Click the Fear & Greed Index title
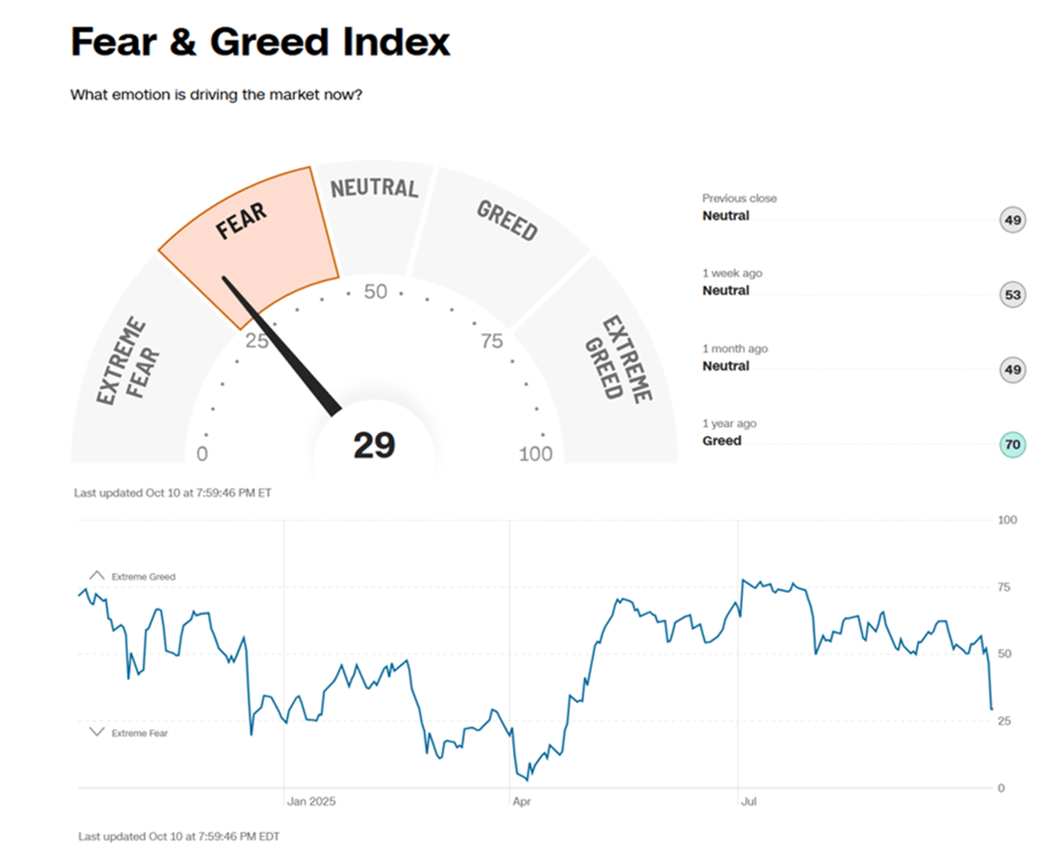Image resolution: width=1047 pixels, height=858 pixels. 259,42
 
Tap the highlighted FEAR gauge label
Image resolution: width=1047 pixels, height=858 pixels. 241,221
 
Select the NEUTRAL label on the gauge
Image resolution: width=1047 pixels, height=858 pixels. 374,188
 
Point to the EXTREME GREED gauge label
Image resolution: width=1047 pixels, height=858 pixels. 618,359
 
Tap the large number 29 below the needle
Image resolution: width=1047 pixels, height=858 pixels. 374,446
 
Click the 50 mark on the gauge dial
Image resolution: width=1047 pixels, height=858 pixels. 376,291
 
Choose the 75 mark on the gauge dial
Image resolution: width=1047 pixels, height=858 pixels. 491,341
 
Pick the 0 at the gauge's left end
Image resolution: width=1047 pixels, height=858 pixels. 202,454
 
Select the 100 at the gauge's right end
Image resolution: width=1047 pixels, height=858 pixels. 535,454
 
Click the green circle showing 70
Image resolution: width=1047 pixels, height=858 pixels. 1012,445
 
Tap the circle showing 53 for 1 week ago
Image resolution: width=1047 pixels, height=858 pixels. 1012,295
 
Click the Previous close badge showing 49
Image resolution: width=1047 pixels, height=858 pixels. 1012,220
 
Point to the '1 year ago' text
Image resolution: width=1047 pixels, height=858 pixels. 729,424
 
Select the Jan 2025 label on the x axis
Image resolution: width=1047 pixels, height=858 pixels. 311,801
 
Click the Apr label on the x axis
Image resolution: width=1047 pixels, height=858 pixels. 522,801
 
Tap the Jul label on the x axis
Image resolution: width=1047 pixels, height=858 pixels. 749,801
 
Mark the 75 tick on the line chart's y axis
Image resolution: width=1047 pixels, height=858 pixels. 1004,587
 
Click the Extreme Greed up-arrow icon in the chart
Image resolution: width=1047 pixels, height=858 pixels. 97,575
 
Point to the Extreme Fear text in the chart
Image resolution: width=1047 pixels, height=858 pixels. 140,733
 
